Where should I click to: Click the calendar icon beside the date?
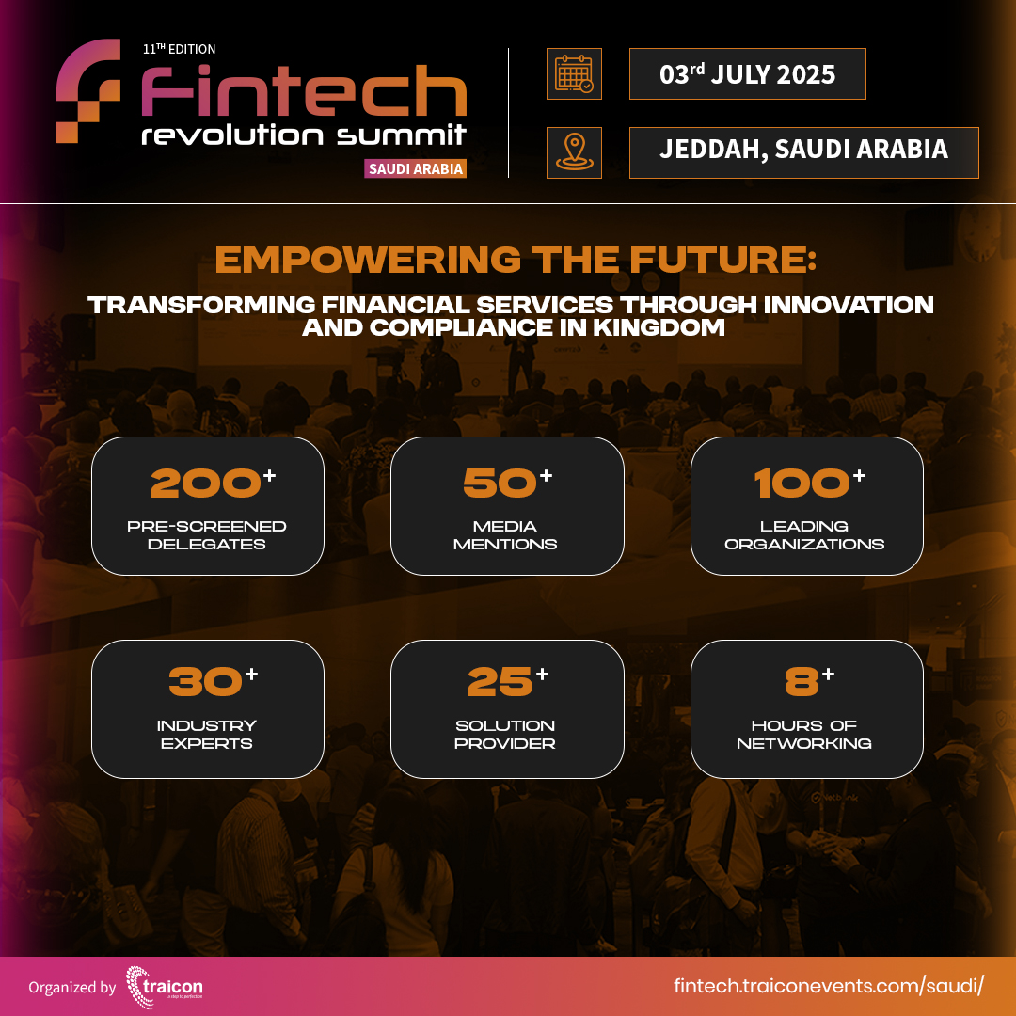574,73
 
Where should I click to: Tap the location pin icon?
574,152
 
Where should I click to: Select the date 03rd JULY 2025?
747,74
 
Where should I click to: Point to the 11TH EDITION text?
179,49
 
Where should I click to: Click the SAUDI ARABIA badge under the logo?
415,168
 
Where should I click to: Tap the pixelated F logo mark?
88,90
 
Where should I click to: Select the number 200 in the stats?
206,484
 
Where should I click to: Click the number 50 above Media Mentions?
500,484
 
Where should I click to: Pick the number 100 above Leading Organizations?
802,484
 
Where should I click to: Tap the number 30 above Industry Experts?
206,684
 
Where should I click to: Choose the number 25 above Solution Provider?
500,684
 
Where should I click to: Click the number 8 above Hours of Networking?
802,684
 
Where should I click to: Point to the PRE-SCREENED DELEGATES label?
207,535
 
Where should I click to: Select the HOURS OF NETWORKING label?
804,735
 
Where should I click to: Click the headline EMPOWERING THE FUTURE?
516,259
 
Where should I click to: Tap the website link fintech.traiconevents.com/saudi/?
829,986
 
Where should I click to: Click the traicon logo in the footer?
164,986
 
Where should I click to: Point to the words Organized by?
72,988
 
